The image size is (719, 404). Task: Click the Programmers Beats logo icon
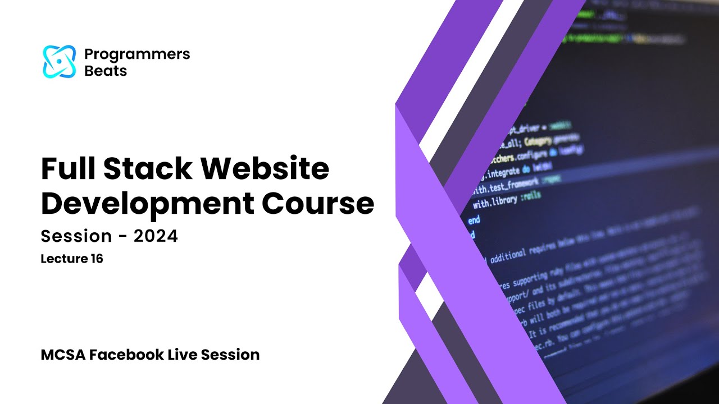click(x=59, y=62)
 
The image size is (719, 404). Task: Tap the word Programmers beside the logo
click(x=137, y=54)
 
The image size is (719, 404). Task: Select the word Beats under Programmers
click(x=105, y=71)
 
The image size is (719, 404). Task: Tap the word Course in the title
click(x=318, y=204)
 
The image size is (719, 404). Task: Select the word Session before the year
click(x=76, y=236)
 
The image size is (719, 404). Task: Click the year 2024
click(x=156, y=236)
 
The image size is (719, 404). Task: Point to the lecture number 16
click(x=96, y=259)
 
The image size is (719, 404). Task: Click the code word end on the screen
click(x=474, y=220)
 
